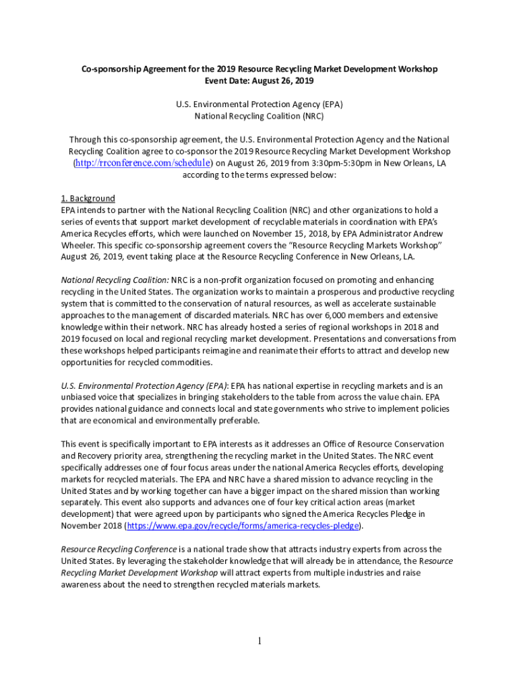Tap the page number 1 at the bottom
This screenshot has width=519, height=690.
point(259,641)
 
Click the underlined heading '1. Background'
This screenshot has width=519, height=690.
point(88,198)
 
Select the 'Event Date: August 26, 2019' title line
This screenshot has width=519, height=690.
point(259,81)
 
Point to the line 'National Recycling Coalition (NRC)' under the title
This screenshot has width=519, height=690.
point(259,116)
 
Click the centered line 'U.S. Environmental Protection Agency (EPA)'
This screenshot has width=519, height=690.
point(259,104)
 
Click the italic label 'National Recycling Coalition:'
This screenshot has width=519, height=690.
point(115,280)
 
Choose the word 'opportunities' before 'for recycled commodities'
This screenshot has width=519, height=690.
point(88,362)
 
